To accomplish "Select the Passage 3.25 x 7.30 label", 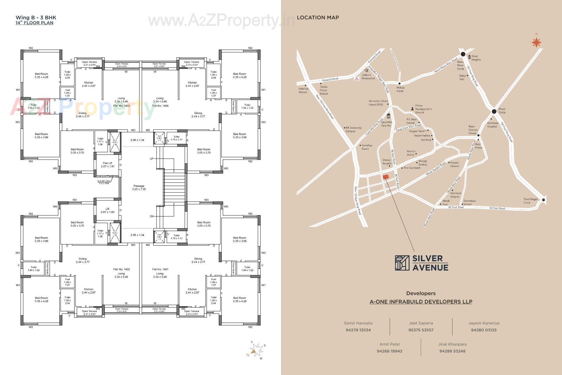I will click(x=139, y=187).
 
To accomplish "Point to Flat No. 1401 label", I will click(x=160, y=269).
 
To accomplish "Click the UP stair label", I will click(x=151, y=159).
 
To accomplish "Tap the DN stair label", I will click(x=151, y=216).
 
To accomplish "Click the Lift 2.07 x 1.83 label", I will click(x=107, y=210).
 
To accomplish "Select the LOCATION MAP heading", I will click(x=318, y=18).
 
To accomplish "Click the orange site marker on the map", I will click(x=385, y=177).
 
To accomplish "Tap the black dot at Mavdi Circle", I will click(x=494, y=111).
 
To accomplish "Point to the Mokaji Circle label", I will click(x=400, y=89).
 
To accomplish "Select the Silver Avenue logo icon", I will click(x=402, y=262).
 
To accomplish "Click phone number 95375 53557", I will click(x=421, y=330).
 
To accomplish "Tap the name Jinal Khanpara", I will click(x=452, y=344).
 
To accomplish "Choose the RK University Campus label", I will click(x=353, y=129).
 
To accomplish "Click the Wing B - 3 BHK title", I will click(x=36, y=18).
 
